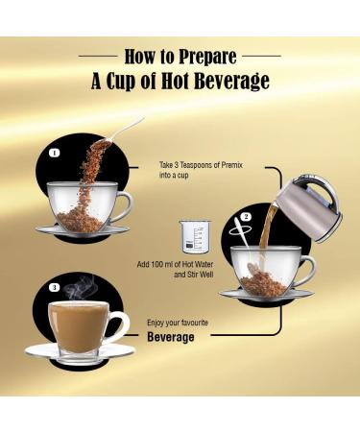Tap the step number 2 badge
tap(246, 217)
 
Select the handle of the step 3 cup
tap(119, 326)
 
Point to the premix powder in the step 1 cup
tap(81, 215)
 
